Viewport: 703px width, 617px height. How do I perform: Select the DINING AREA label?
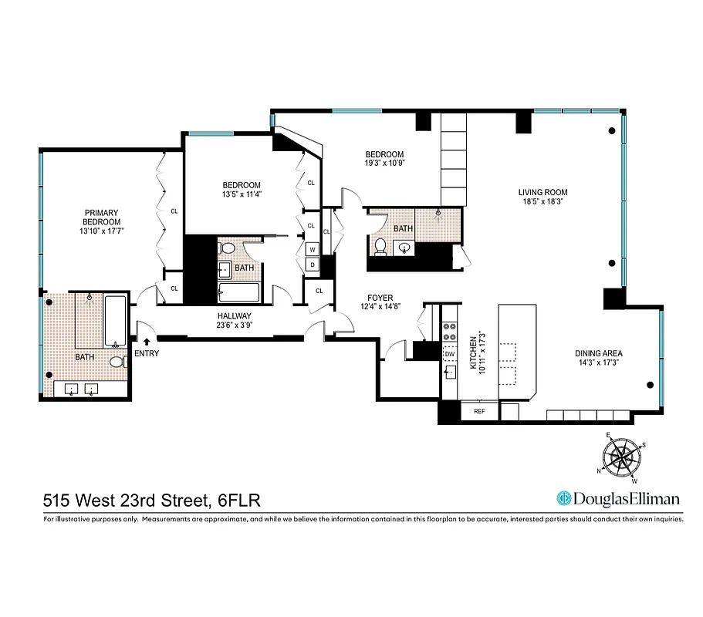pyautogui.click(x=600, y=352)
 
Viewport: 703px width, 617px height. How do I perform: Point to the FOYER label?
pyautogui.click(x=380, y=298)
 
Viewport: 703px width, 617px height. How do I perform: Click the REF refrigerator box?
pyautogui.click(x=478, y=412)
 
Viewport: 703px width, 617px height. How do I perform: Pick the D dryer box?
pyautogui.click(x=313, y=265)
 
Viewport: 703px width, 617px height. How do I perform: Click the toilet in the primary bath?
pyautogui.click(x=117, y=362)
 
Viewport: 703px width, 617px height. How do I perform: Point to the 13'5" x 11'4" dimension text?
pyautogui.click(x=242, y=194)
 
